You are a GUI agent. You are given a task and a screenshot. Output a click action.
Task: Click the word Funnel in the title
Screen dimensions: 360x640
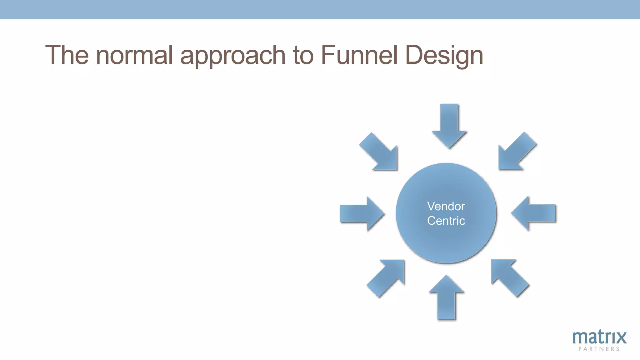359,55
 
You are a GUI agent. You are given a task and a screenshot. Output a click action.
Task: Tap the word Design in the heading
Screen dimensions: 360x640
444,56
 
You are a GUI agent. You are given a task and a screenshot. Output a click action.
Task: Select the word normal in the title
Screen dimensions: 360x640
134,55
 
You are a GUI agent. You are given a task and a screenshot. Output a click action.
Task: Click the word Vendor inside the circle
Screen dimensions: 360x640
446,206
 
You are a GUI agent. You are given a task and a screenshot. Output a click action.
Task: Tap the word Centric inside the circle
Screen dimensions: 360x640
446,221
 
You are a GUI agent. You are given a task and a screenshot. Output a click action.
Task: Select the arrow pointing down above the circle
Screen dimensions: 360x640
449,125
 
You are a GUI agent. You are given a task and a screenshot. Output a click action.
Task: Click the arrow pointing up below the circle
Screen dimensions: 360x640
447,298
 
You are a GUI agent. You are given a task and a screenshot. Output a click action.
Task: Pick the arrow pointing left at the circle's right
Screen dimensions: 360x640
534,214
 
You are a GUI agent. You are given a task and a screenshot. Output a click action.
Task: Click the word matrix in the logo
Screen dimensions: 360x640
599,337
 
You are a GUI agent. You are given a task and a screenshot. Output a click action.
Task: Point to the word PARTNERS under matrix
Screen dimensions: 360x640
599,349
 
